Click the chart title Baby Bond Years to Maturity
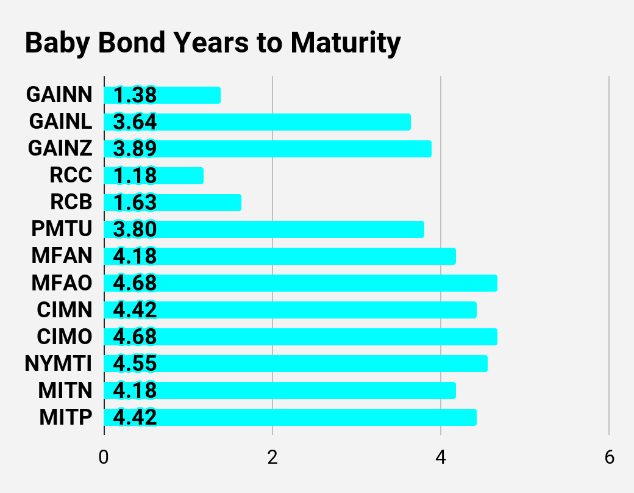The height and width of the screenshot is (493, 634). coord(213,43)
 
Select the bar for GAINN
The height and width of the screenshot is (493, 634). coord(162,95)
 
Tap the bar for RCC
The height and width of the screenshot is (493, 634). coord(154,176)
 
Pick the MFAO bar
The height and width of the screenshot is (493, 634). coord(301,283)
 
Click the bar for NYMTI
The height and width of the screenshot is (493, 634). coord(296,364)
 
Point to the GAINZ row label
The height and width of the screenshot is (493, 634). coord(60,148)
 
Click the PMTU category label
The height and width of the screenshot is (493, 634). coord(62,229)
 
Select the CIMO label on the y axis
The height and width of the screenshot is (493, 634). coord(65,336)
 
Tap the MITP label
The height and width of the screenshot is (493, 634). coord(66,417)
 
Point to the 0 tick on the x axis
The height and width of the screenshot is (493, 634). coord(104,458)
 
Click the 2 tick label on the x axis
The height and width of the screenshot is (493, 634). coord(272,458)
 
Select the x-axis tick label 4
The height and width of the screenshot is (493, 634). coord(441,458)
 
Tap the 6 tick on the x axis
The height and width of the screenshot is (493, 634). coord(610,458)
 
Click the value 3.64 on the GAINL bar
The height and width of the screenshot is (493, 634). coord(135,122)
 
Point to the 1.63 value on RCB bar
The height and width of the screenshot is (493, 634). coord(135,203)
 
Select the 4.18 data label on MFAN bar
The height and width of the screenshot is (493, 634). coord(135,256)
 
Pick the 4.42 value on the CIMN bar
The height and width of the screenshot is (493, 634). coord(135,310)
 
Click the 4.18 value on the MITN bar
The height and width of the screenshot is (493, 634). coord(135,390)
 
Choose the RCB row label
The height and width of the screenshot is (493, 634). coord(71,202)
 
